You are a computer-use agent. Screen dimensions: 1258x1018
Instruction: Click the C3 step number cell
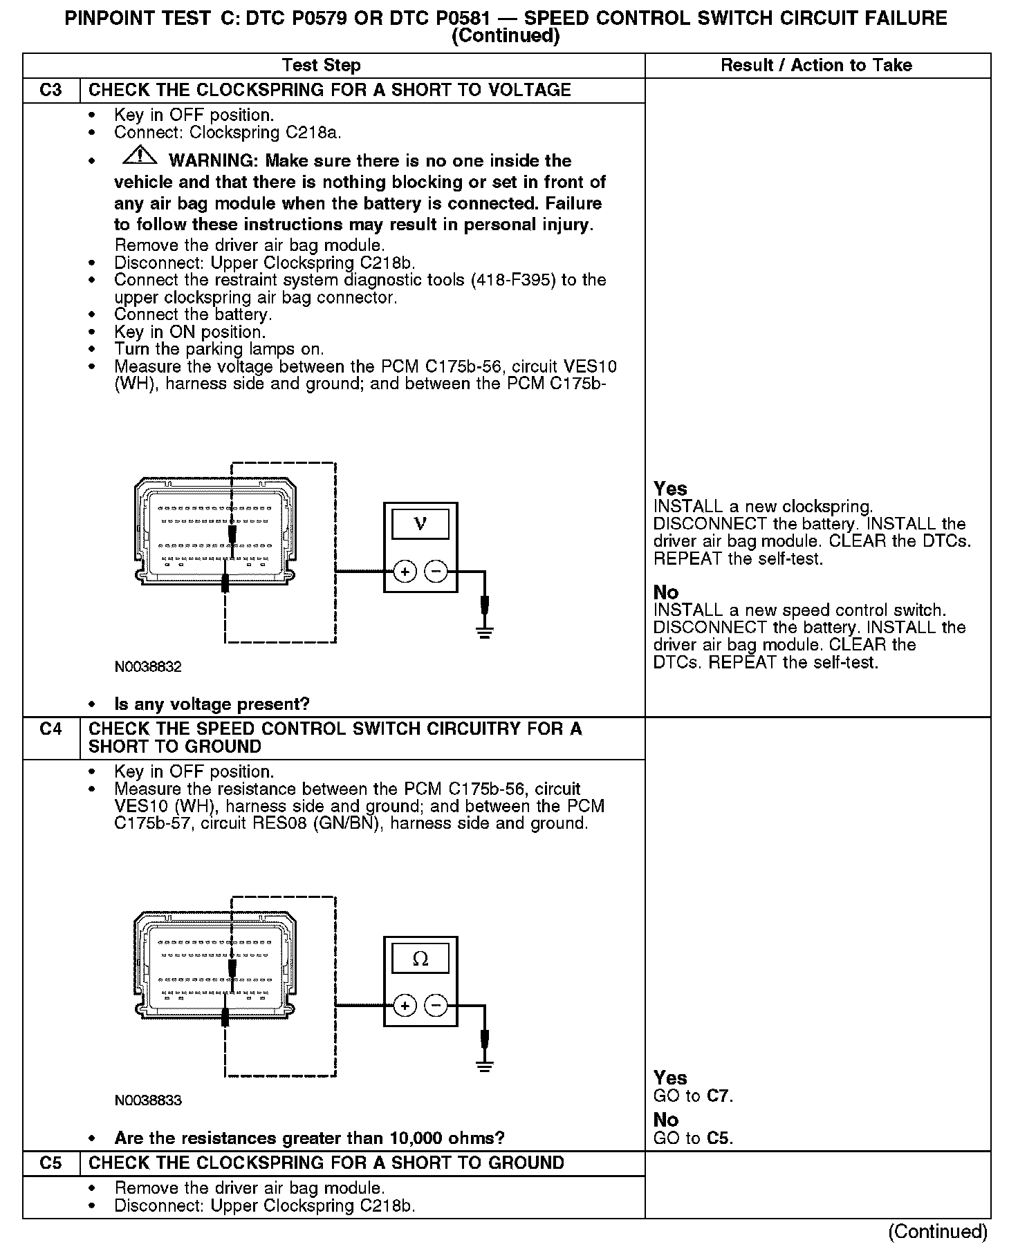click(51, 91)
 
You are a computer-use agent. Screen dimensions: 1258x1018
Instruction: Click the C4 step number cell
click(51, 729)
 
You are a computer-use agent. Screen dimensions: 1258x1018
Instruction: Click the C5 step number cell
click(51, 1163)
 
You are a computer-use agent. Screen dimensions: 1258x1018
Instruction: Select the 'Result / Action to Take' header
click(816, 66)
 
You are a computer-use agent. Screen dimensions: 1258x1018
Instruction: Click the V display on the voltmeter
click(420, 524)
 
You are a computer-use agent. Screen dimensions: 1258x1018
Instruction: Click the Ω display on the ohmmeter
click(420, 959)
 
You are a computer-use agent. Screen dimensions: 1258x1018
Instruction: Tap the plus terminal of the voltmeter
click(405, 572)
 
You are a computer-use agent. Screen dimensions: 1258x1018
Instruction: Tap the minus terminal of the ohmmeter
click(436, 1006)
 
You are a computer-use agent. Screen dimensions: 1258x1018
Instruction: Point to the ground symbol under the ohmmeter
click(485, 1065)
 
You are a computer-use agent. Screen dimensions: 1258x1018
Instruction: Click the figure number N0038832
click(148, 667)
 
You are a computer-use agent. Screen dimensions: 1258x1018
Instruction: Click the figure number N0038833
click(148, 1100)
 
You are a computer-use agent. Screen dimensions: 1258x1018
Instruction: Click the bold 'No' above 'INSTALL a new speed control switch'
click(666, 592)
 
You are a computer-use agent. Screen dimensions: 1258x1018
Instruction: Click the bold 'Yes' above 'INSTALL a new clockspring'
click(670, 489)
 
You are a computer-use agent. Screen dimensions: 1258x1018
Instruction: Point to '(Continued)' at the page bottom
click(938, 1232)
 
